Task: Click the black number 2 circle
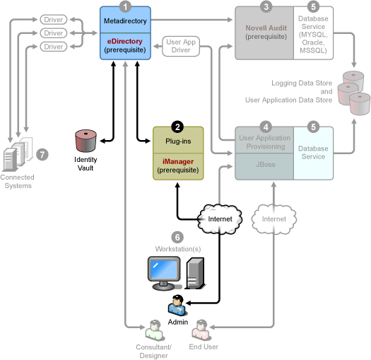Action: pos(177,127)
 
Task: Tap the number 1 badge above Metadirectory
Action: pos(125,6)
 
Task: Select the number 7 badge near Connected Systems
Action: pos(42,155)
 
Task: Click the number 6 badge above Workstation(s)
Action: pos(177,238)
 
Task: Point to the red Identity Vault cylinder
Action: pos(86,141)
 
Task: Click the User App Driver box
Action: pos(181,46)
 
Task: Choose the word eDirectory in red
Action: pos(124,41)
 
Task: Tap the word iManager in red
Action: pos(178,161)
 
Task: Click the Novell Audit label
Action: pos(266,28)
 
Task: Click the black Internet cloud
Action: pos(220,219)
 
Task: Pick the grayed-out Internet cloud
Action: pos(273,219)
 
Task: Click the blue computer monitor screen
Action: pos(164,269)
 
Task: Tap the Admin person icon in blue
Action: pos(177,306)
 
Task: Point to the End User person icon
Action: pos(201,330)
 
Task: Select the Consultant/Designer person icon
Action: pos(155,330)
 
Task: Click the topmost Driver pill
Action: pos(54,19)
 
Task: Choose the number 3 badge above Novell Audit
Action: pos(266,6)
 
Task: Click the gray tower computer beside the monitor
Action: pos(195,273)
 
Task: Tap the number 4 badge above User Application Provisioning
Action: pos(266,127)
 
